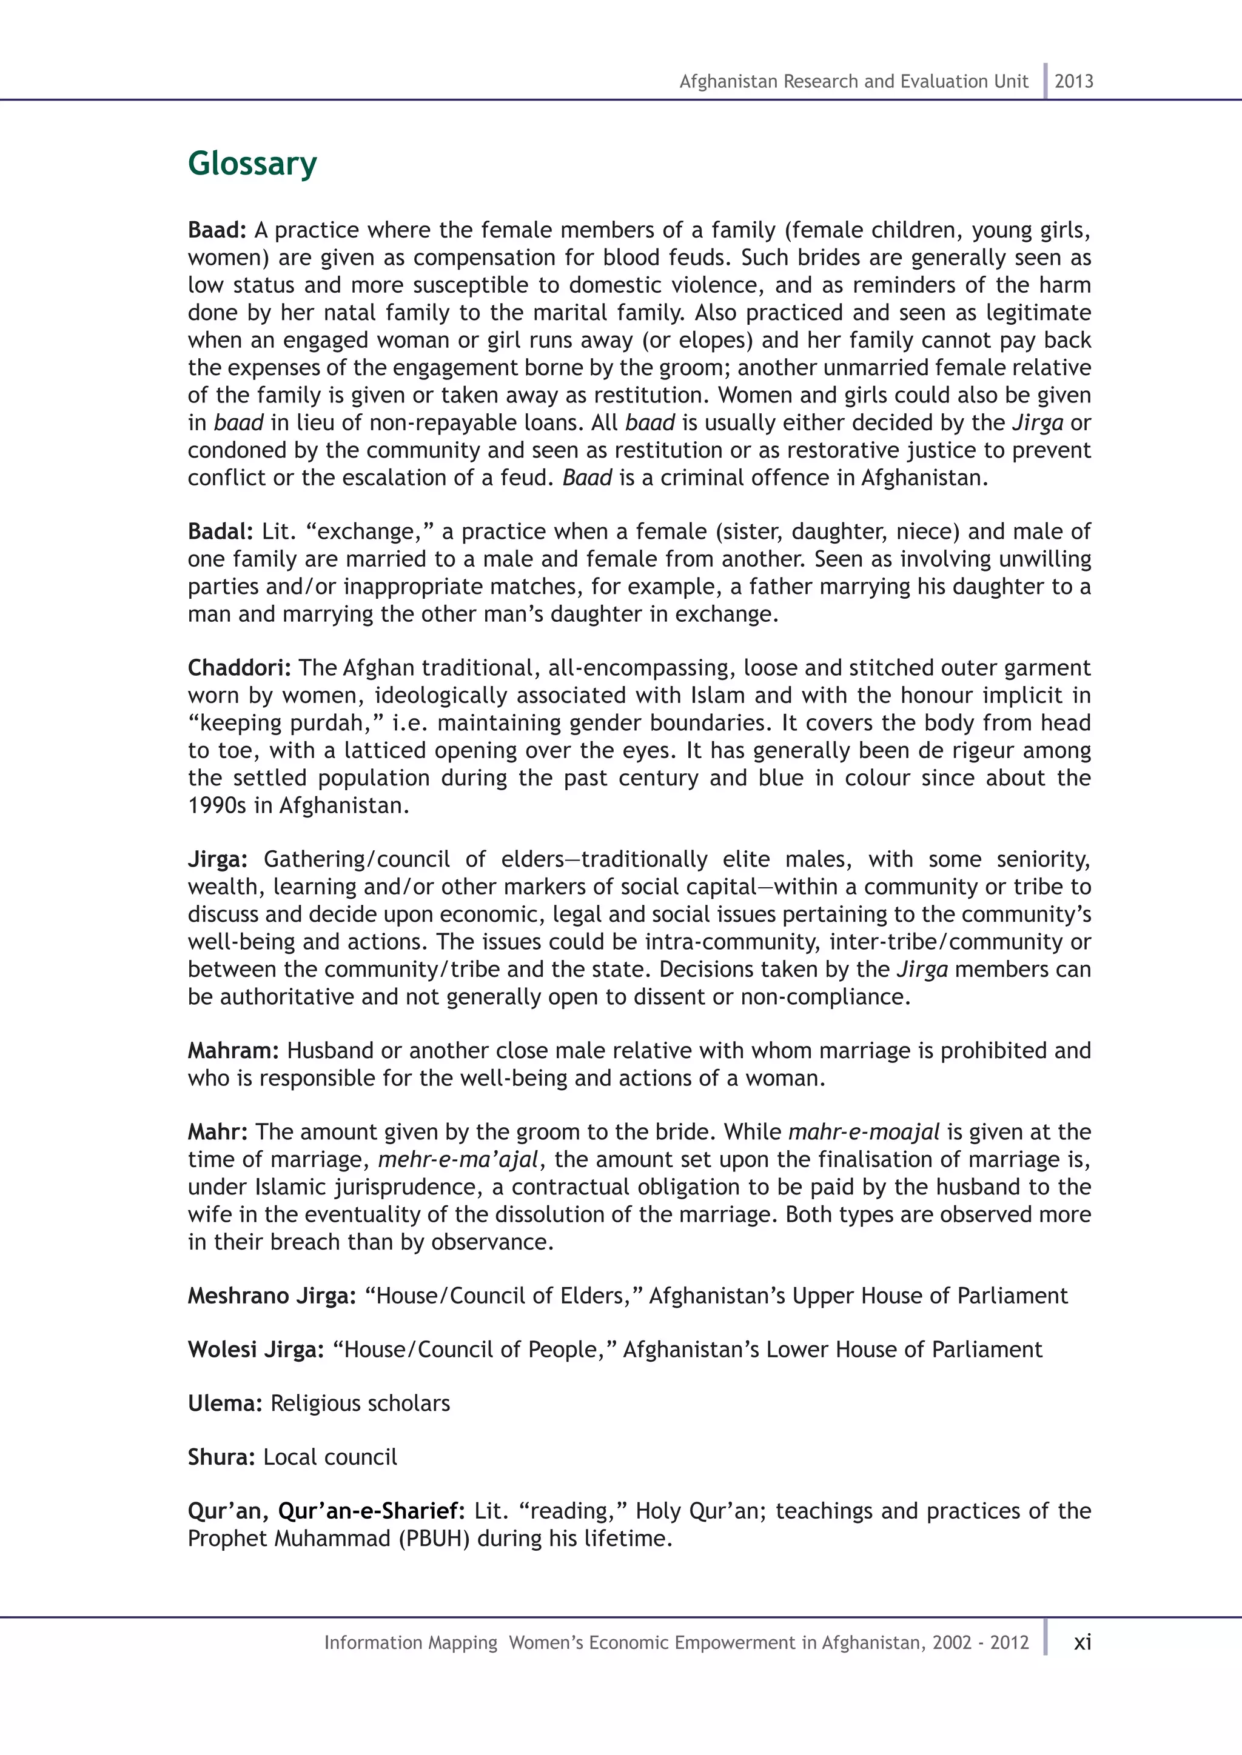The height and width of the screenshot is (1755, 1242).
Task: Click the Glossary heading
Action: coord(252,164)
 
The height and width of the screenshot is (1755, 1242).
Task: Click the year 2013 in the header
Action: coord(1074,82)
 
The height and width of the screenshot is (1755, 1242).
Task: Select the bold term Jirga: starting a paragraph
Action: coord(218,860)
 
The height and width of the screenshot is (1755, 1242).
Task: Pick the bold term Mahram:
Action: coord(234,1051)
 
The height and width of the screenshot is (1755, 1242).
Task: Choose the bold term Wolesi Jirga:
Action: coord(256,1350)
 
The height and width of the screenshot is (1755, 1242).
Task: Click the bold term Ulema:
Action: coord(226,1404)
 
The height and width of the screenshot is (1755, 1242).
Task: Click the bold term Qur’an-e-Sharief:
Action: coord(372,1511)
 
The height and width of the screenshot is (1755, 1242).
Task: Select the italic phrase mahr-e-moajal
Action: coord(864,1132)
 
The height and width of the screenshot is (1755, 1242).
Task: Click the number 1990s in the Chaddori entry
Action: coord(217,805)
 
